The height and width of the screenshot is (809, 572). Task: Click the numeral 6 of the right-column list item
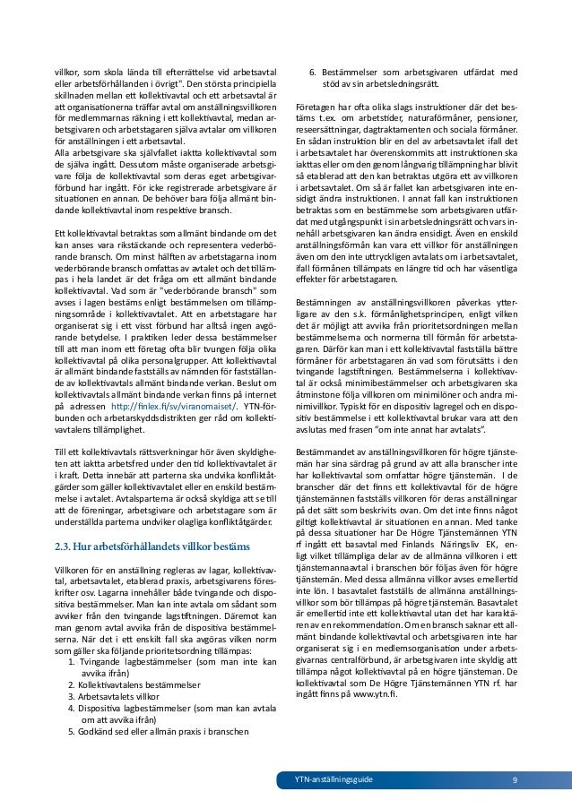[x=313, y=73]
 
